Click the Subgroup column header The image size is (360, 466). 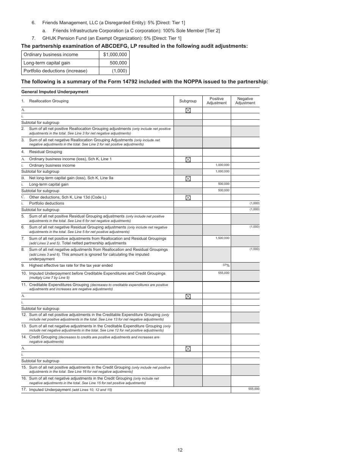click(188, 101)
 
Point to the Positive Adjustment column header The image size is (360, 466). click(216, 101)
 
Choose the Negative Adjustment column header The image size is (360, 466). click(245, 101)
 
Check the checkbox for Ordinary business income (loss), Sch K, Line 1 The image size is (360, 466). click(188, 160)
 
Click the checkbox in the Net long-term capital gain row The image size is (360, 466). click(188, 178)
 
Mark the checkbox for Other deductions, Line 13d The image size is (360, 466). click(188, 197)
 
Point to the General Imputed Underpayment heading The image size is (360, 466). click(55, 92)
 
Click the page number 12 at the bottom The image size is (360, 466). click(180, 450)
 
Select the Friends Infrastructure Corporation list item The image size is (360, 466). click(136, 30)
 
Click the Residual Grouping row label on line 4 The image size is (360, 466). click(45, 152)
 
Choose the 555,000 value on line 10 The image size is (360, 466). click(224, 273)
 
